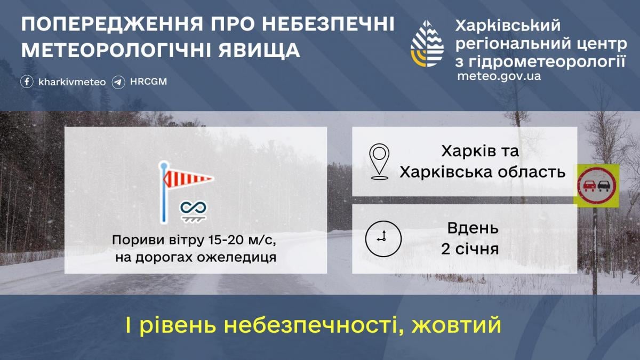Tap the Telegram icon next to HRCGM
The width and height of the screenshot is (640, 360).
119,82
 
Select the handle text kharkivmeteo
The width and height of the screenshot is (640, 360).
72,82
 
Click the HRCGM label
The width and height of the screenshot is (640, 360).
149,82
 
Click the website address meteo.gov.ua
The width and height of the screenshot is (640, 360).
499,76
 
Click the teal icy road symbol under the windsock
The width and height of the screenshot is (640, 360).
193,211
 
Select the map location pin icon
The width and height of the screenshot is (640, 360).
379,161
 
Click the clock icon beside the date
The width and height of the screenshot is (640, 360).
383,238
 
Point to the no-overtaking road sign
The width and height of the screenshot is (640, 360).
596,185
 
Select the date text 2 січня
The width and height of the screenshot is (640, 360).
470,249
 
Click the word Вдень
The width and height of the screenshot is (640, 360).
473,228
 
